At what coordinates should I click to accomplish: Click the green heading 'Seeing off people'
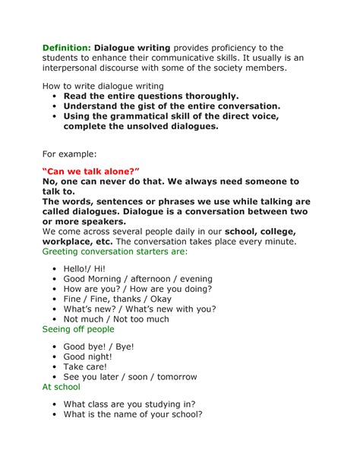click(78, 329)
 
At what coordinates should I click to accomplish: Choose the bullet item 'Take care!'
click(87, 366)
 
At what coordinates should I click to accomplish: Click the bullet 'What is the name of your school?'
click(133, 415)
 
